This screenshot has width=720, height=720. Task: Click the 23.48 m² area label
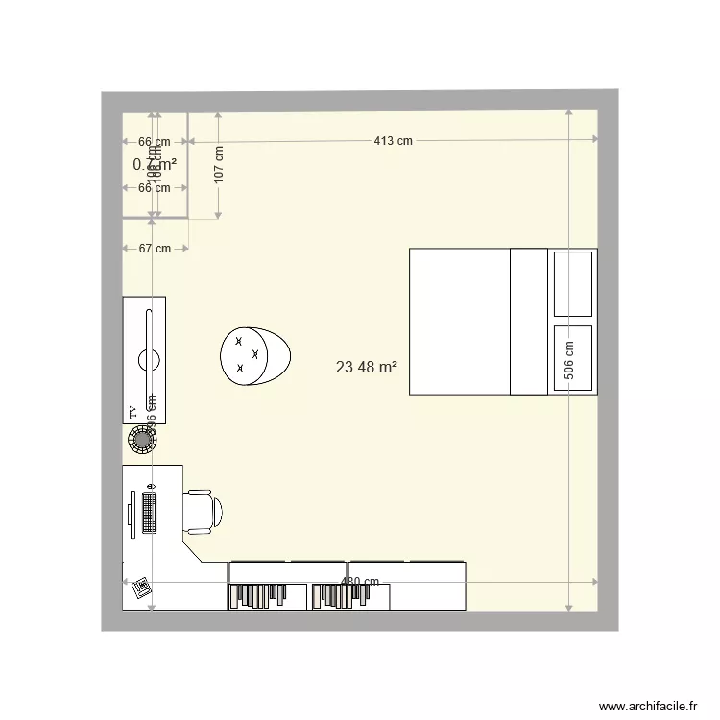[367, 366]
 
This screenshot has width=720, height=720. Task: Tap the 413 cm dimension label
[393, 141]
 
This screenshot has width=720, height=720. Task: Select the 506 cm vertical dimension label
[569, 362]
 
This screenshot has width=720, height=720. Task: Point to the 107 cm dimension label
[219, 165]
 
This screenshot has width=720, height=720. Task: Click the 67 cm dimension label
[155, 249]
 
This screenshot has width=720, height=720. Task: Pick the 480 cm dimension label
[361, 582]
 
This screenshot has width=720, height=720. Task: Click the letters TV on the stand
[132, 413]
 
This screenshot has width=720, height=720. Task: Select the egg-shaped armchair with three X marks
[254, 355]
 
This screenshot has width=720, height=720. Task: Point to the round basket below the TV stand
[144, 441]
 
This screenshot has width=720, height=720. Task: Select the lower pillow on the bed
[573, 358]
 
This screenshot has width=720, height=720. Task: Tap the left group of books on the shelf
[251, 596]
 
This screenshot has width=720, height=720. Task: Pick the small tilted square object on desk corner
[141, 586]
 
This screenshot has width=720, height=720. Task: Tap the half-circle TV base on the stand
[149, 360]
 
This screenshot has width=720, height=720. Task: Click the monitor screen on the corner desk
[132, 508]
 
